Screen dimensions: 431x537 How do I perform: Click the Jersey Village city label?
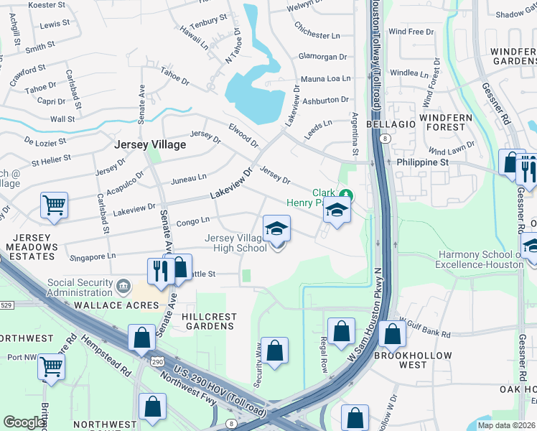pos(150,144)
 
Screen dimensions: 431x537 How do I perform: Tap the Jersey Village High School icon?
pos(276,228)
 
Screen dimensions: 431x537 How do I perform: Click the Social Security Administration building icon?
pos(124,287)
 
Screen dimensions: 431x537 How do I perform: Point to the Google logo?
pos(24,422)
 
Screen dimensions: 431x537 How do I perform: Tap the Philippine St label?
pos(423,162)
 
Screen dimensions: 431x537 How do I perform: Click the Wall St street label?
pos(62,119)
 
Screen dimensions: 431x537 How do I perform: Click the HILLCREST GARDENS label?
pos(208,320)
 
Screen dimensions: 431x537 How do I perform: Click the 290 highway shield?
pos(157,361)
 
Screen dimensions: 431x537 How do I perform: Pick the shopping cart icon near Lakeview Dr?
pos(55,205)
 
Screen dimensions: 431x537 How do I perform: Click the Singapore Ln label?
pos(92,256)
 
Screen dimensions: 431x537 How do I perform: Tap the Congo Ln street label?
pos(192,221)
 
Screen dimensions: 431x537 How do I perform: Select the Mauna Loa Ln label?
pos(324,78)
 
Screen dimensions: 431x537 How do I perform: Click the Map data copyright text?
pos(506,425)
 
